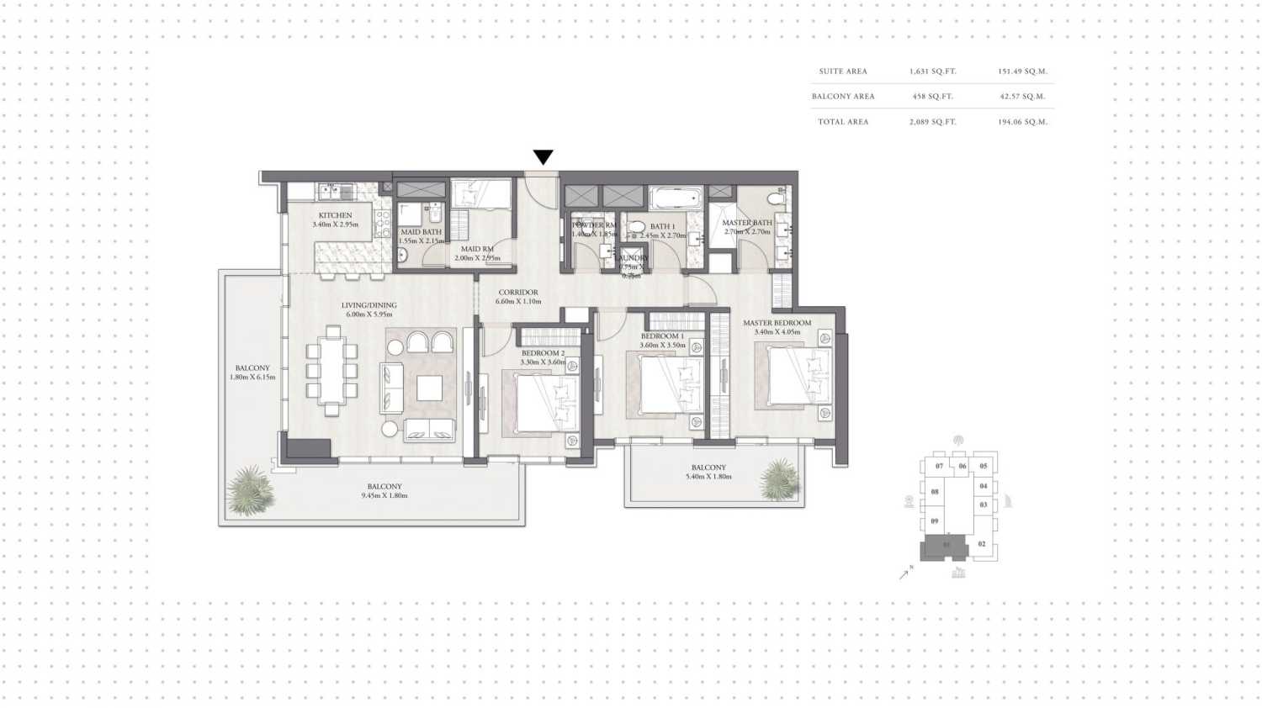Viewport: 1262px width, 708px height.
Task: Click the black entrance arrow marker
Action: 543,157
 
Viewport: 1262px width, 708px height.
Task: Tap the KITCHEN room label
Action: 335,215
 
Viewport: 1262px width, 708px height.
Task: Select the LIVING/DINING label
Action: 369,305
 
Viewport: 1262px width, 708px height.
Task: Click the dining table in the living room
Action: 332,371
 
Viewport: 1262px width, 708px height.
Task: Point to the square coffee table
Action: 429,388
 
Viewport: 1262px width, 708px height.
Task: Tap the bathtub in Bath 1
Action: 676,199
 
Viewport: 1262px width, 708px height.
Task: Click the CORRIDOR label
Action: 518,293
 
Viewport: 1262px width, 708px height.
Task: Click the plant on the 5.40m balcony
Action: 780,479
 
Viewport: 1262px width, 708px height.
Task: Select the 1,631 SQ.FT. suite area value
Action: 932,71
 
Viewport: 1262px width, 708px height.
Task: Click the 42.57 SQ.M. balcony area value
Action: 1022,97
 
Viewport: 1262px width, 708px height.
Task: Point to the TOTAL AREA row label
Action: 843,122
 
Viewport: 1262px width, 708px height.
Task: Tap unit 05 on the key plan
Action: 984,466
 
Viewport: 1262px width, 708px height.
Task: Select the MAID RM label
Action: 477,249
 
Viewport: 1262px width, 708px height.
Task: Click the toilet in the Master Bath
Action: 776,198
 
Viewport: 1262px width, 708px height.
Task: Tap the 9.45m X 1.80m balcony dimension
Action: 384,495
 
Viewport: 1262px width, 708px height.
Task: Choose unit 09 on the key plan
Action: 934,521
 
